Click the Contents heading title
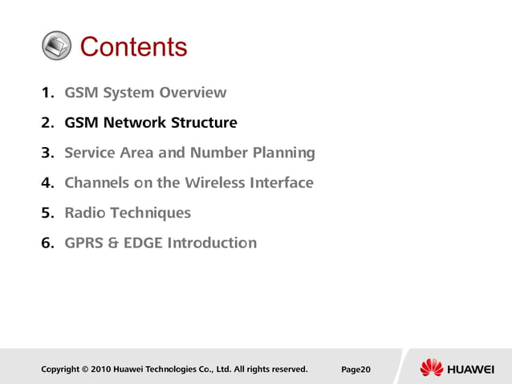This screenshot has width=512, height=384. coord(133,47)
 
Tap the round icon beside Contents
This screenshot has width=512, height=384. coord(56,47)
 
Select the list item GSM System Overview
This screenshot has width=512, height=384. coord(145,92)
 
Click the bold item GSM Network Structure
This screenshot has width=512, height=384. coord(151,123)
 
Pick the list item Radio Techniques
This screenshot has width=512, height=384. coord(128,213)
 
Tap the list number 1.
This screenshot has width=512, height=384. coord(47,92)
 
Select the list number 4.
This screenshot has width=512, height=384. coord(47,182)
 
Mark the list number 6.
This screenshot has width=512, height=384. coord(47,243)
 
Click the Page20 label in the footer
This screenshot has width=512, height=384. coord(356,370)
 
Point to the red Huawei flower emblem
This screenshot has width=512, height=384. coord(431,368)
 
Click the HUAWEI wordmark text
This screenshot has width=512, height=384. coord(470,369)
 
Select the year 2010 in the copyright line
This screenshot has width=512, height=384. coord(100,370)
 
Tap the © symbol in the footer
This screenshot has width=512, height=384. coord(85,370)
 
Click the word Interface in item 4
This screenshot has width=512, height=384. coord(280,182)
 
